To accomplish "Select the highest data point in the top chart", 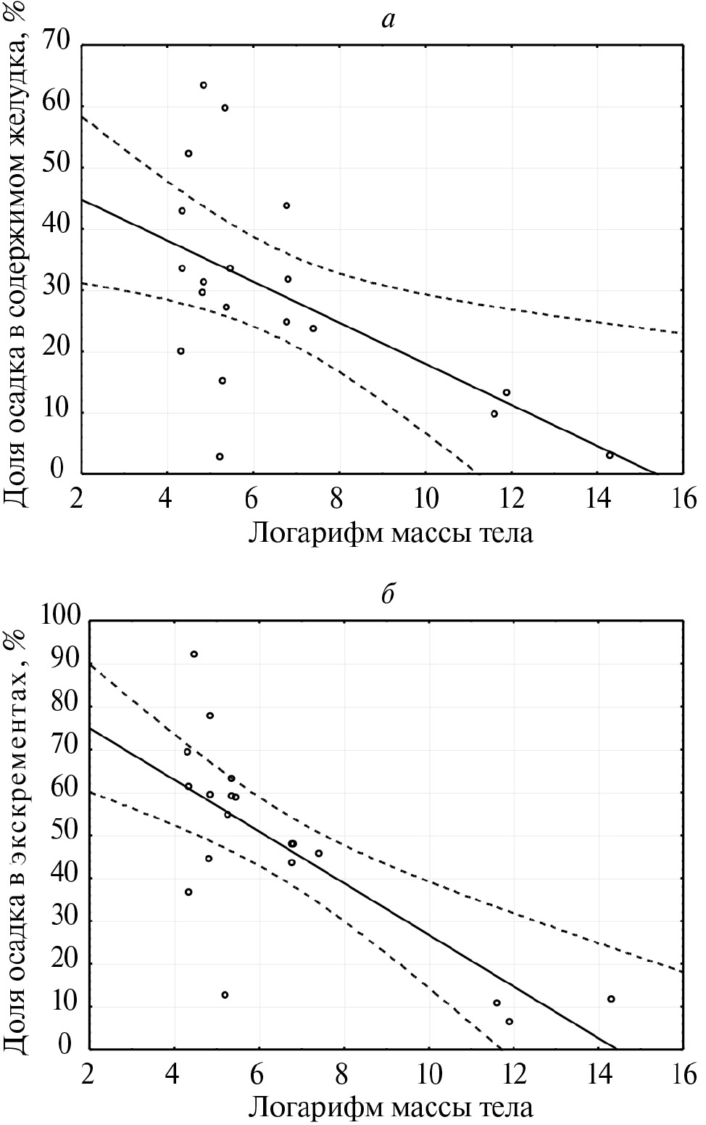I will click(204, 86).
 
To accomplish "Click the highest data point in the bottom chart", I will click(194, 654).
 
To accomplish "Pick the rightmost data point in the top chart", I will click(610, 456).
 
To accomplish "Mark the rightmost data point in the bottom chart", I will click(611, 999).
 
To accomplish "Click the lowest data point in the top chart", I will click(220, 457).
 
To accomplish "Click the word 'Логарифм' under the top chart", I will click(315, 534).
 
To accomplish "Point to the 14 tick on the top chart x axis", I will click(597, 499).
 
